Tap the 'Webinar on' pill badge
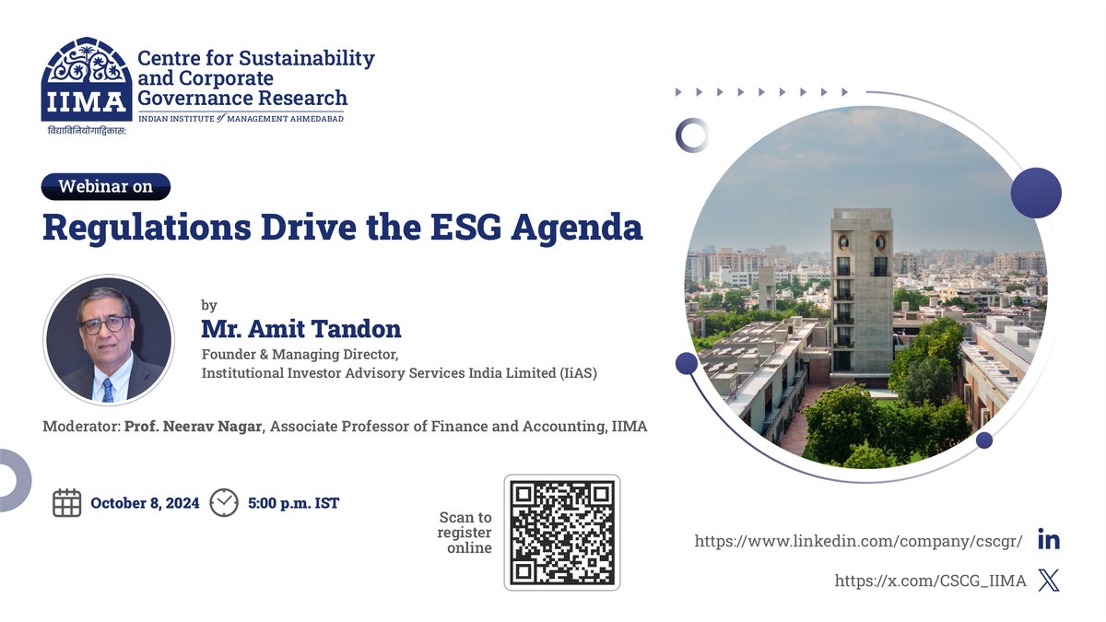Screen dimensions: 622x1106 106,187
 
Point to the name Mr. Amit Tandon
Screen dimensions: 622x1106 300,329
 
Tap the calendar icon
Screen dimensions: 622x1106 66,503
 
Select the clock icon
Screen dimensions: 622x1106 224,503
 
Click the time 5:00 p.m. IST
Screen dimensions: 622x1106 293,503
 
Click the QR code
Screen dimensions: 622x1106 562,533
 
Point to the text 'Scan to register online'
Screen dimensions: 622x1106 467,533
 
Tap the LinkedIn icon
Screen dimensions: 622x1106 1048,540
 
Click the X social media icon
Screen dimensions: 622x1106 1049,581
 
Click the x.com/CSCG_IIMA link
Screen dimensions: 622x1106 930,581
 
